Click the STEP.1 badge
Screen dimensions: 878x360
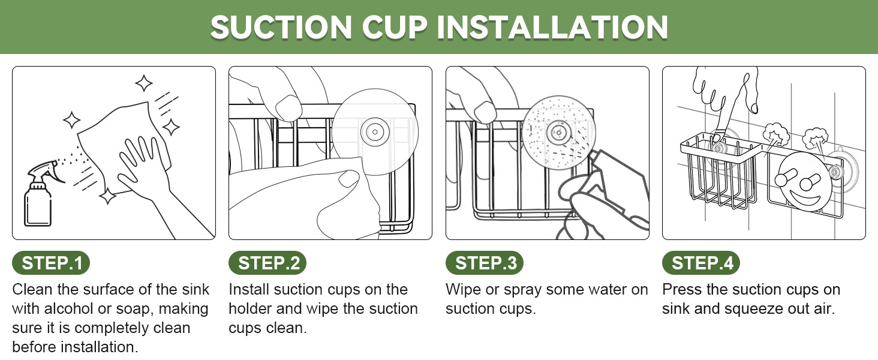51,263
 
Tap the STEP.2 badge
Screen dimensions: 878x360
267,263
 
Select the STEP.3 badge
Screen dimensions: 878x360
485,263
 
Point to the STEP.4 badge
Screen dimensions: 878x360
701,263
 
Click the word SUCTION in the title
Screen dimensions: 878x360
281,27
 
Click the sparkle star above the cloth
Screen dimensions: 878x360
144,83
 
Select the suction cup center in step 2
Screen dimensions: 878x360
375,132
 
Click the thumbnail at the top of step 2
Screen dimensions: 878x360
288,108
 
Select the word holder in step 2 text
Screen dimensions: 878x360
250,308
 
